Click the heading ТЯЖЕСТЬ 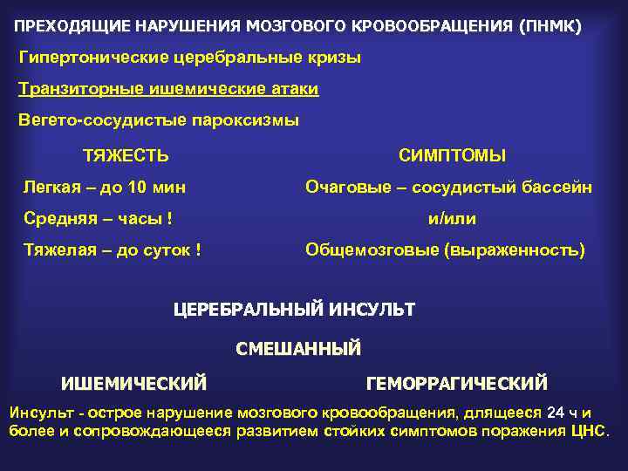point(126,156)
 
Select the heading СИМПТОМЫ point(452,156)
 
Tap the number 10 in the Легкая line point(137,187)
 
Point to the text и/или point(452,218)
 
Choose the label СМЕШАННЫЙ point(298,349)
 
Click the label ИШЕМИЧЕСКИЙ point(133,383)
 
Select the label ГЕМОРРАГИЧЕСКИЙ point(457,383)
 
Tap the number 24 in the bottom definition point(556,413)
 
